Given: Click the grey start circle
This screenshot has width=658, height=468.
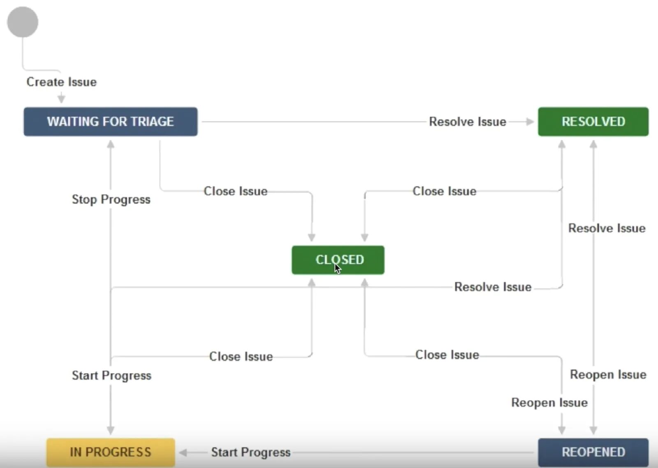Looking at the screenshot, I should click(23, 22).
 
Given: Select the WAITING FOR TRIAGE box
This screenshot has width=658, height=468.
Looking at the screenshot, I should click(110, 122).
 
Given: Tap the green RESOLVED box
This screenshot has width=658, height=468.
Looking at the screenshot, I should click(593, 122).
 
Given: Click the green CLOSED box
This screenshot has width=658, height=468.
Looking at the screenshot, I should click(338, 260).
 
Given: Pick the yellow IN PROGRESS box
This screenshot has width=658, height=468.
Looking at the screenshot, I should click(110, 452).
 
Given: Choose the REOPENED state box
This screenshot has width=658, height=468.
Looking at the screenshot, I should click(593, 452).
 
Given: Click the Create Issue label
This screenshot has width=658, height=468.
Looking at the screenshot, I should click(62, 82).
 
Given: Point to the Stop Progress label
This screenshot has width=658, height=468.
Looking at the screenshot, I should click(111, 199).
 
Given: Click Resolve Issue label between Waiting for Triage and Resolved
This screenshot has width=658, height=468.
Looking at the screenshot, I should click(468, 122).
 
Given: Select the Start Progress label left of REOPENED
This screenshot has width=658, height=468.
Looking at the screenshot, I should click(251, 452).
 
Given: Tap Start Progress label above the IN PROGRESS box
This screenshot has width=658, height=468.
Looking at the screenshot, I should click(111, 375).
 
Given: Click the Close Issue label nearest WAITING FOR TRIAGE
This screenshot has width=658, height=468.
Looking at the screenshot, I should click(236, 191).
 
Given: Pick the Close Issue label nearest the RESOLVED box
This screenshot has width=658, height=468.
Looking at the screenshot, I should click(445, 191).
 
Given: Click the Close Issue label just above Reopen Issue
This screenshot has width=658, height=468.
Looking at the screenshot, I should click(447, 355).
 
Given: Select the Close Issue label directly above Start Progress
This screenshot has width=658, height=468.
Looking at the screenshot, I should click(241, 356).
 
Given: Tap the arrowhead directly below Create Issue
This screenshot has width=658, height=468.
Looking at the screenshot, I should click(61, 99).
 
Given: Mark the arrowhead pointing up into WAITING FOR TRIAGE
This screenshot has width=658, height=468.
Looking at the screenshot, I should click(111, 144).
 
